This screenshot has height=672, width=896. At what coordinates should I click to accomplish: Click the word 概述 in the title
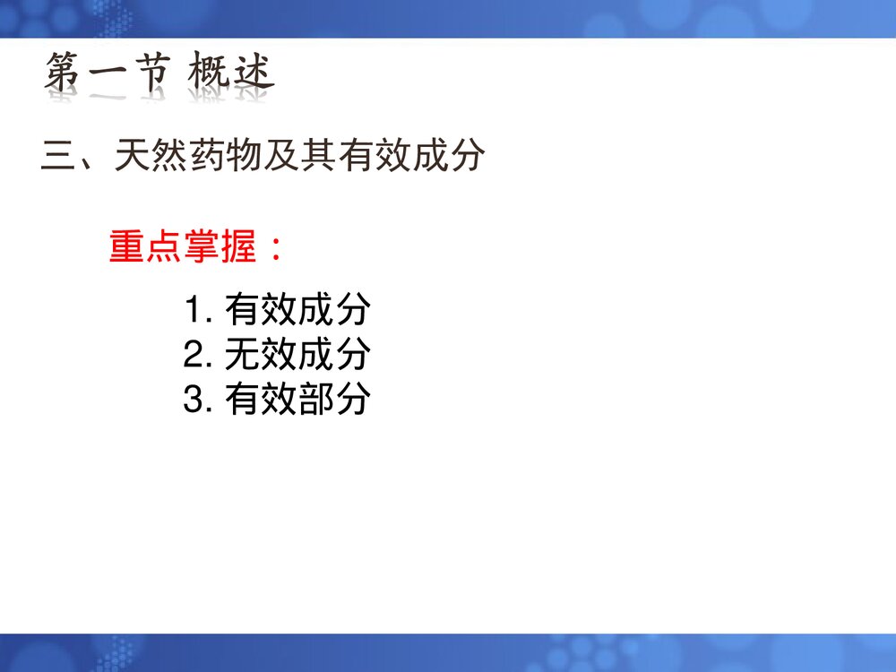click(x=230, y=75)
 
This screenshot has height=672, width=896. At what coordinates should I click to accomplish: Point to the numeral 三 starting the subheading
click(x=59, y=158)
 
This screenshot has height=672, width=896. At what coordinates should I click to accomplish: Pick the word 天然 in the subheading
click(x=151, y=158)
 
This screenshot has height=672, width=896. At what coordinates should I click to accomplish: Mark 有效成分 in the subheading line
click(x=412, y=158)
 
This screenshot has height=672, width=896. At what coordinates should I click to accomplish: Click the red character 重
click(x=127, y=246)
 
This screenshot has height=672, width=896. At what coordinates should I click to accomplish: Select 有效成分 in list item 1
click(x=297, y=311)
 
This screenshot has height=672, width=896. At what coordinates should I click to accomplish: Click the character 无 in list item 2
click(x=242, y=355)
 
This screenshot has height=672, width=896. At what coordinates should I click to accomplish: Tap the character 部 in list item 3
click(x=315, y=399)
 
